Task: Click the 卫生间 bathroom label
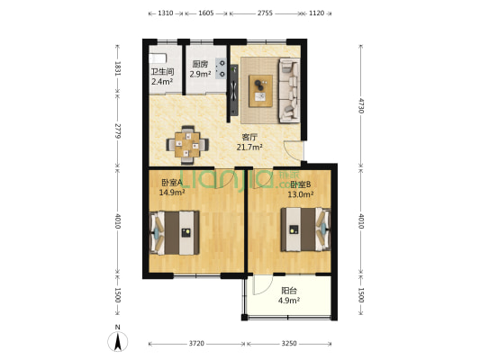162,73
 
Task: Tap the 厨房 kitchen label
201,64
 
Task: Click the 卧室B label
300,184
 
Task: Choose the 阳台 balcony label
289,291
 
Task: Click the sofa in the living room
289,89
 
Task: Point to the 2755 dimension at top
264,14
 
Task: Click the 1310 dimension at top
165,14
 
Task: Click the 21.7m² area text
249,147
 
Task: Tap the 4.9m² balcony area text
289,301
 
